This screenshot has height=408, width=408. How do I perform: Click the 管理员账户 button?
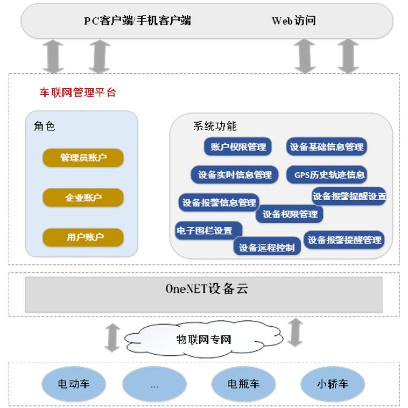tap(83, 158)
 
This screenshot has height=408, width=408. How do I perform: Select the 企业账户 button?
tap(83, 198)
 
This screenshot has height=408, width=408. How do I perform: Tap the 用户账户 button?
tap(83, 237)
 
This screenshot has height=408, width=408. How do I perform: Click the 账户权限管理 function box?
tap(238, 146)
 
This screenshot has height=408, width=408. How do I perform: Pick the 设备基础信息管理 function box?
tap(326, 146)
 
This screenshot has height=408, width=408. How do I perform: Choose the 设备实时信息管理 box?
tap(235, 174)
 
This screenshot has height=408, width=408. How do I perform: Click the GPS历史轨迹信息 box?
tap(329, 174)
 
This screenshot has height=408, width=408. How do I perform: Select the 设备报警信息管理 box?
tap(219, 202)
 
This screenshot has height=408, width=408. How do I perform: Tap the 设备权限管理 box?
tap(290, 214)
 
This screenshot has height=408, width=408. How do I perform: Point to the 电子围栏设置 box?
tap(207, 230)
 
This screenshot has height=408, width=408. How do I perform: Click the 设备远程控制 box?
tap(266, 248)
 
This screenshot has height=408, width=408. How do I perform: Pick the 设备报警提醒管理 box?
tap(344, 240)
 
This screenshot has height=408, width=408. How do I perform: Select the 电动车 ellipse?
tap(74, 384)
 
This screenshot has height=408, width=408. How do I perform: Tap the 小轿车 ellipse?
tap(332, 384)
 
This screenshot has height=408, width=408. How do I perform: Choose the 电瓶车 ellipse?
tap(243, 384)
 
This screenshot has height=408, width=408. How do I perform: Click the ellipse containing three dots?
tap(155, 384)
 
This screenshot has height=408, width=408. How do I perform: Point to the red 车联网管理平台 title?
tap(78, 93)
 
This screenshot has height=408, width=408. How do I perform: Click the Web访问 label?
tap(293, 21)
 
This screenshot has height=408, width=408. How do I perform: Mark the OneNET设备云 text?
tap(207, 289)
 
